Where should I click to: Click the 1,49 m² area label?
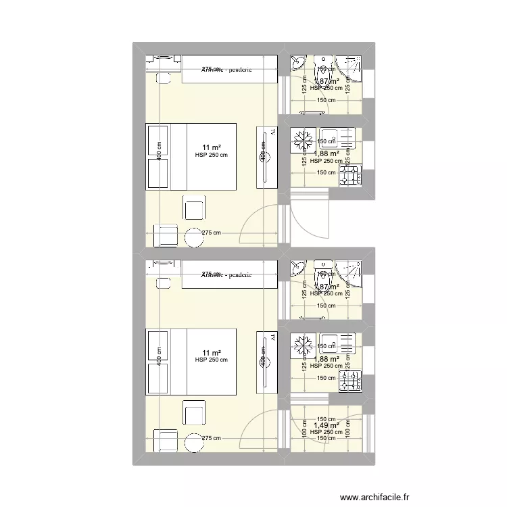pos(326,425)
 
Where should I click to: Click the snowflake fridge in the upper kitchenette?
pos(301,142)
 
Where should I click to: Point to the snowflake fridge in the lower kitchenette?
pos(301,347)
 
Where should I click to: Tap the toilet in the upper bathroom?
pos(322,66)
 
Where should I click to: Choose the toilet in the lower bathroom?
pos(322,270)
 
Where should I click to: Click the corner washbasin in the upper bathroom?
pos(298,64)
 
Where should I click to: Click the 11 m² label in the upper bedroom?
pos(211,147)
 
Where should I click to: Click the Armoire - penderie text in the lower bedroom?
pos(226,274)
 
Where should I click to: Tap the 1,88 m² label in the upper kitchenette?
pos(326,153)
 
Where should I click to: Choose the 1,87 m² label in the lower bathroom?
pos(326,287)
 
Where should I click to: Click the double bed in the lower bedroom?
pos(191,362)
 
